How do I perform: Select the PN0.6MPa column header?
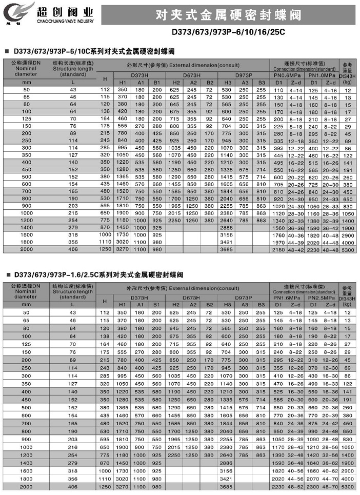click(x=287, y=75)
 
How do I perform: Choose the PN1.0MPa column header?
click(x=322, y=75)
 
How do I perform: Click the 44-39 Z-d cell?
click(x=295, y=241)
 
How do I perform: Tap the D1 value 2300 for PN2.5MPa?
click(x=313, y=485)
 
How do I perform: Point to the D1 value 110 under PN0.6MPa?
click(x=279, y=90)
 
